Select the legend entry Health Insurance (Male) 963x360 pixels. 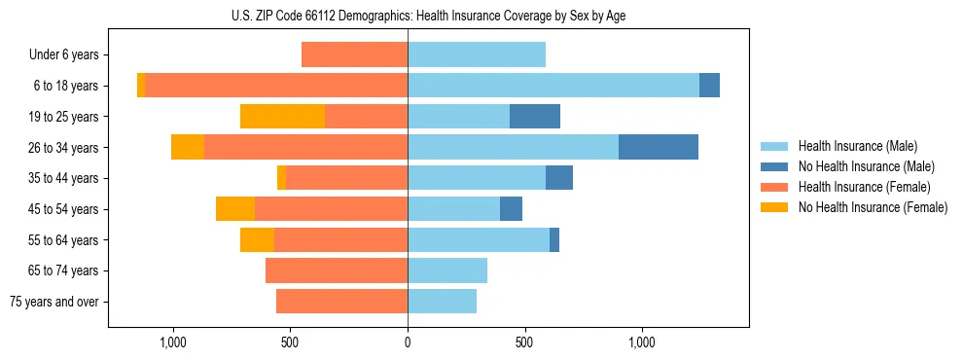coord(857,146)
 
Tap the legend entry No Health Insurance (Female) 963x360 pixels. coord(873,207)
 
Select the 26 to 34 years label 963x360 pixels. coord(64,147)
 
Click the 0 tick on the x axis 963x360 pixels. coord(408,343)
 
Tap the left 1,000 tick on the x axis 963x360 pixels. coord(172,343)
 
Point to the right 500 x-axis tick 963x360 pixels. coord(524,343)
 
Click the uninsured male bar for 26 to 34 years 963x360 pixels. coord(659,147)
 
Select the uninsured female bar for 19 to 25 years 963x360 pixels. coord(282,116)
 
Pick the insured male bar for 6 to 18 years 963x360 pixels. coord(553,86)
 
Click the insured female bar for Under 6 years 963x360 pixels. coord(354,54)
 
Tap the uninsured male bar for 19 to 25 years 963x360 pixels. coord(535,116)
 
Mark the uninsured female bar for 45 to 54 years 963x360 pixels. coord(235,208)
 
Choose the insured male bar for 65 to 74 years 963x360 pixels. coord(447,270)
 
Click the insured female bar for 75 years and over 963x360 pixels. coord(341,302)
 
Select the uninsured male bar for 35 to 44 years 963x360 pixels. coord(559,178)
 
